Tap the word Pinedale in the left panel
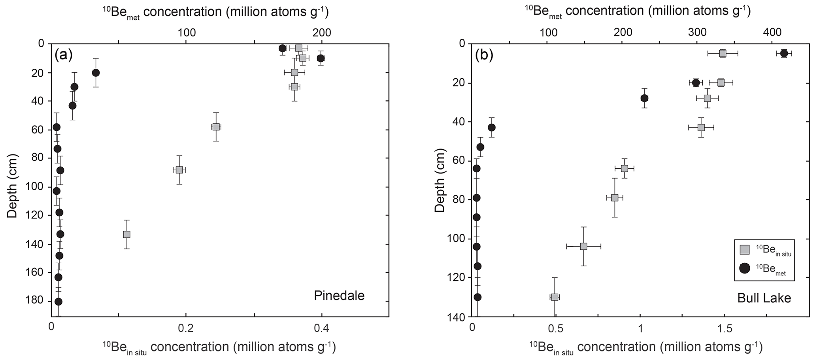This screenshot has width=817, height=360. point(339,296)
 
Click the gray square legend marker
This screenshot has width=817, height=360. point(745,250)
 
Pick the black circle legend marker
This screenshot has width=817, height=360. point(745,268)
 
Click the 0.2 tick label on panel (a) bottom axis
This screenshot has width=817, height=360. point(186,328)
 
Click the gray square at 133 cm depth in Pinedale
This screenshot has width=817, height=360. point(126,234)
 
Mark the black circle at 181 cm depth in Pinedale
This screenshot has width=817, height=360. point(58,302)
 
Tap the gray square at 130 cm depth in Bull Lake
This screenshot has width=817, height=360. point(555,297)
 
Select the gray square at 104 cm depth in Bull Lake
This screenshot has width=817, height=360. point(583,246)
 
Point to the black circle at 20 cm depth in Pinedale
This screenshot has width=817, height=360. point(96,73)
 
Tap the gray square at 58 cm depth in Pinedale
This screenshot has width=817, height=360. point(216,127)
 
